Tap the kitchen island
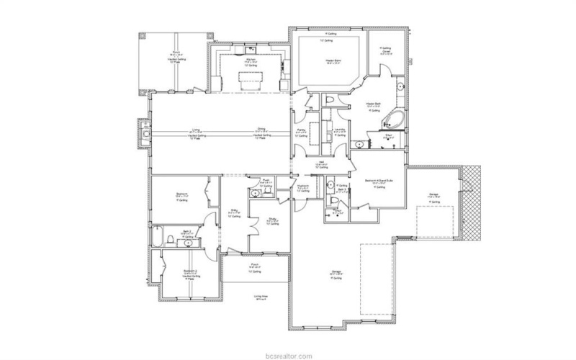[251, 76]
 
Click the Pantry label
[301, 130]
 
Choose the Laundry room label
[339, 130]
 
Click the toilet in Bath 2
[168, 240]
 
